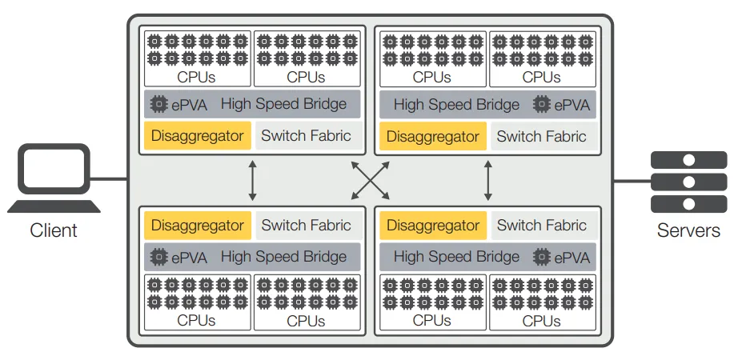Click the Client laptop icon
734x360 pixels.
point(54,178)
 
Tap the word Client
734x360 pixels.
point(54,231)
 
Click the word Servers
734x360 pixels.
point(688,231)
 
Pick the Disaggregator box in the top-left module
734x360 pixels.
point(198,136)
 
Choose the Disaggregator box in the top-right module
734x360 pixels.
point(433,136)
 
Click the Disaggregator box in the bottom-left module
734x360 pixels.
point(198,226)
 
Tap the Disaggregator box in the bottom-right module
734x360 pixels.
point(433,226)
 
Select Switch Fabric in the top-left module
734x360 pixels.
point(307,136)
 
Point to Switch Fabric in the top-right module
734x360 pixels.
point(542,136)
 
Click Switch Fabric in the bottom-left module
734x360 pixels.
point(307,226)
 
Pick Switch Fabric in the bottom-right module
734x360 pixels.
point(542,226)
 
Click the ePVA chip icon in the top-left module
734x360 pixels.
point(159,105)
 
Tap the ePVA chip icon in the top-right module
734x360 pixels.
point(543,105)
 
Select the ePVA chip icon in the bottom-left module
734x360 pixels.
point(159,258)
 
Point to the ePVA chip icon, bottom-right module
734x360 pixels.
point(543,258)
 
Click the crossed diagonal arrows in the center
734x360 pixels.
point(371,181)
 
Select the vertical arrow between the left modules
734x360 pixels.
point(253,181)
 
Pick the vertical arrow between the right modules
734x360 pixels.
point(488,181)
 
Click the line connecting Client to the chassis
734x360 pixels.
point(113,179)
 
